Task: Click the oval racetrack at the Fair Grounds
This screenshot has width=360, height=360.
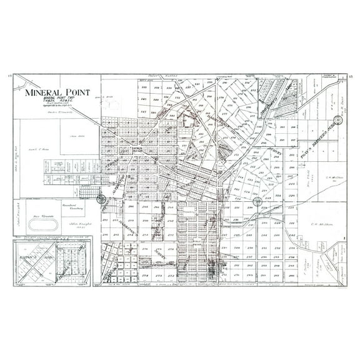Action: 49,224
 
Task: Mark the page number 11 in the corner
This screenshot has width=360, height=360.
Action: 9,76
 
